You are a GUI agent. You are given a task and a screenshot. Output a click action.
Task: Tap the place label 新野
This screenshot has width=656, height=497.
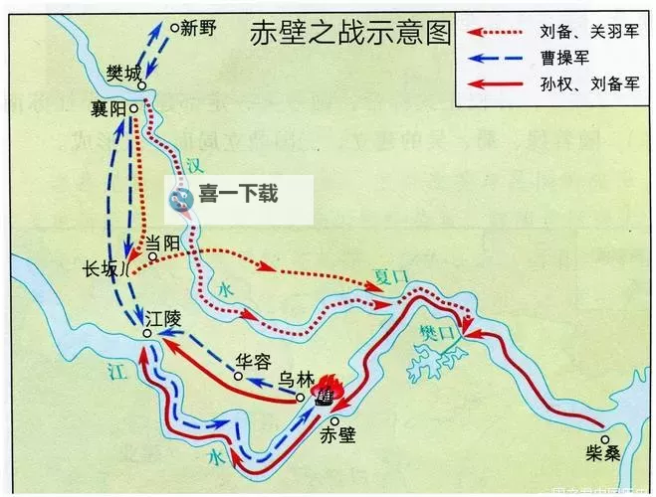tap(199, 29)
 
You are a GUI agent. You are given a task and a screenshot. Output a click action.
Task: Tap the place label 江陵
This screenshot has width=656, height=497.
tap(165, 320)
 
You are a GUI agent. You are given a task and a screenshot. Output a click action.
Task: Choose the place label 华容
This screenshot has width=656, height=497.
tap(253, 362)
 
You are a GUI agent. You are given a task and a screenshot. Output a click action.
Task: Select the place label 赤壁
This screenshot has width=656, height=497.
tap(338, 433)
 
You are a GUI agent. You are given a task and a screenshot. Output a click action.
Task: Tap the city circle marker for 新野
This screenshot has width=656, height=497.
tap(174, 28)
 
